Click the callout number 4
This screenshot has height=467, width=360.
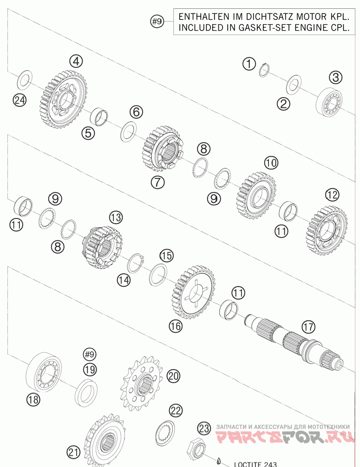click(76, 60)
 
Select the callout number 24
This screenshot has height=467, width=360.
click(19, 99)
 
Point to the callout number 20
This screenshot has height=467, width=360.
click(173, 376)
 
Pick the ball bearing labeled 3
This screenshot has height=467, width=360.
click(329, 100)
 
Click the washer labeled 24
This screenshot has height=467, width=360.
click(24, 80)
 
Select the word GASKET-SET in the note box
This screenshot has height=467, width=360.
click(248, 27)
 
